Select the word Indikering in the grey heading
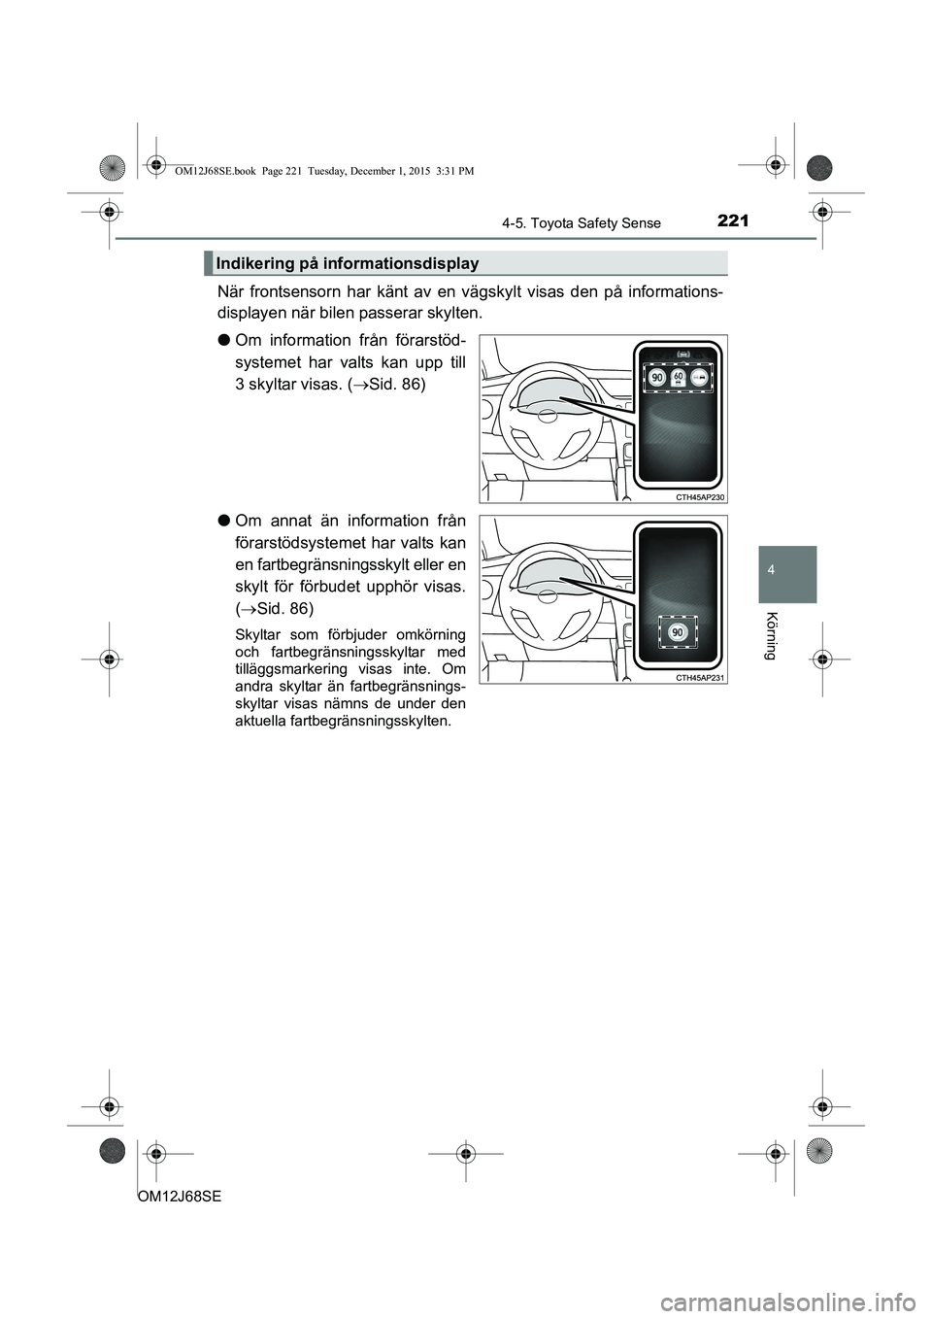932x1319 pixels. pos(253,263)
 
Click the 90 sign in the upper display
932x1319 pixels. pos(657,376)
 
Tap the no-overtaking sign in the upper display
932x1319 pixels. pos(699,376)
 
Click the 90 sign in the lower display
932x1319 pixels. pos(678,631)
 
